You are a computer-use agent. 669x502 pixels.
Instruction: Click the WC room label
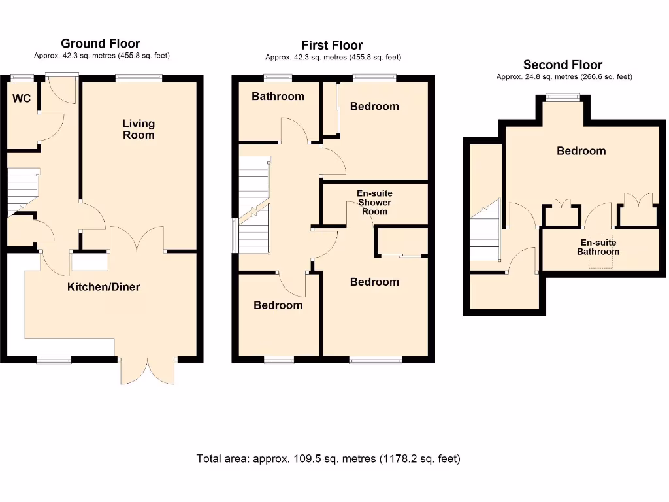pos(22,99)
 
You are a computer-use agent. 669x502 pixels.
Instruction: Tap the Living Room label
pos(139,129)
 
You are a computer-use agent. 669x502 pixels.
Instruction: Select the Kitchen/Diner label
pos(104,286)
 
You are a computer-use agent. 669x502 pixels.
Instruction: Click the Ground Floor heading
pos(101,44)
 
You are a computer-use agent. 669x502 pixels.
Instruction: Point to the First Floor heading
pos(332,45)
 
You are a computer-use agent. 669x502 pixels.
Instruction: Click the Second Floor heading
pos(563,65)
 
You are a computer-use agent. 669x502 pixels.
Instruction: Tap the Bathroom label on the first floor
pos(278,96)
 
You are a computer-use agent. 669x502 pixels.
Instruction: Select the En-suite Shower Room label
pos(374,202)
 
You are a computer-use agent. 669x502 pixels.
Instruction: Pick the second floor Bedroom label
pos(581,150)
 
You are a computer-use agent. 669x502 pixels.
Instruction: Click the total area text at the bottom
pos(328,458)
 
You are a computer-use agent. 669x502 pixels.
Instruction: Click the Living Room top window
pos(139,78)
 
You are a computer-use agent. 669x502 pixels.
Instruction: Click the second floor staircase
pos(485,232)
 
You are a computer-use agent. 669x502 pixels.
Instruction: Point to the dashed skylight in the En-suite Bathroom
pos(601,252)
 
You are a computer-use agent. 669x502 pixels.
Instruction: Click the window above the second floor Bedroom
pos(563,98)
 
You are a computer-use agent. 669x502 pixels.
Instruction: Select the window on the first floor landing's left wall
pos(235,235)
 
